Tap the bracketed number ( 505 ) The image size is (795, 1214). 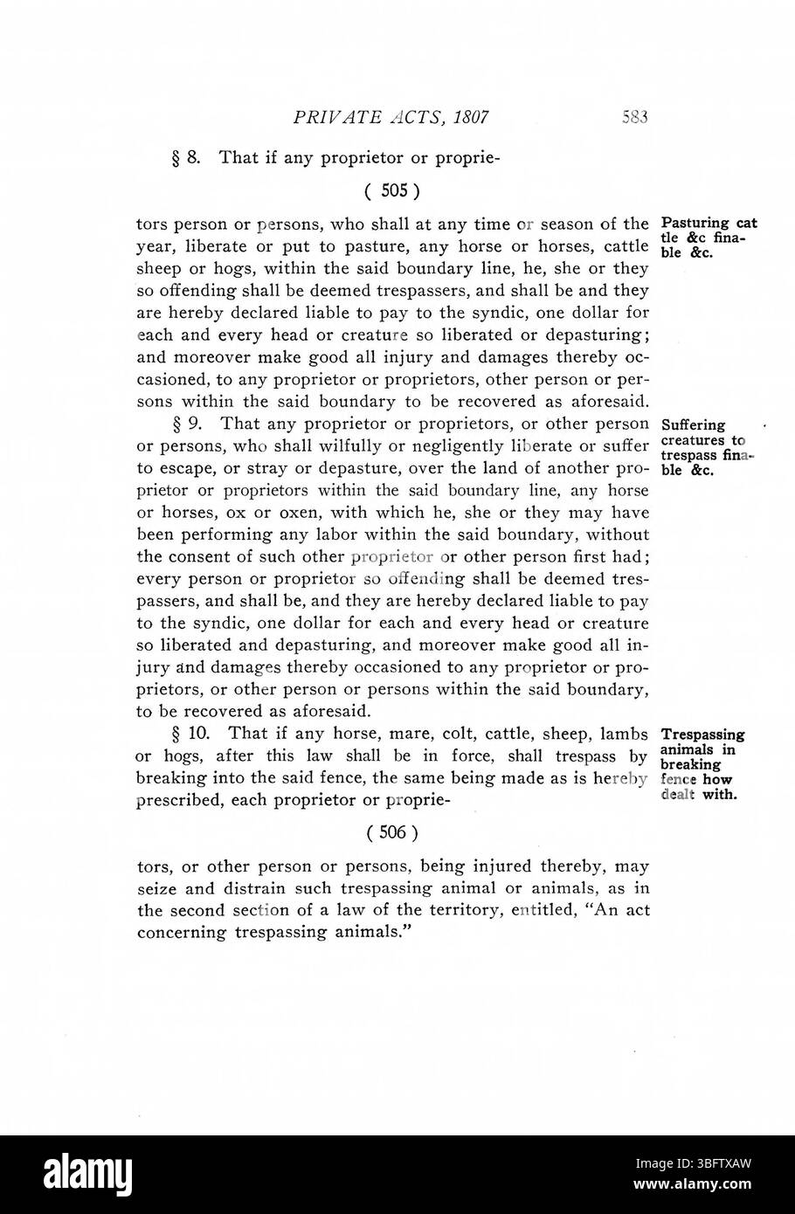[392, 190]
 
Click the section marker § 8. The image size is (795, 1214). [188, 158]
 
